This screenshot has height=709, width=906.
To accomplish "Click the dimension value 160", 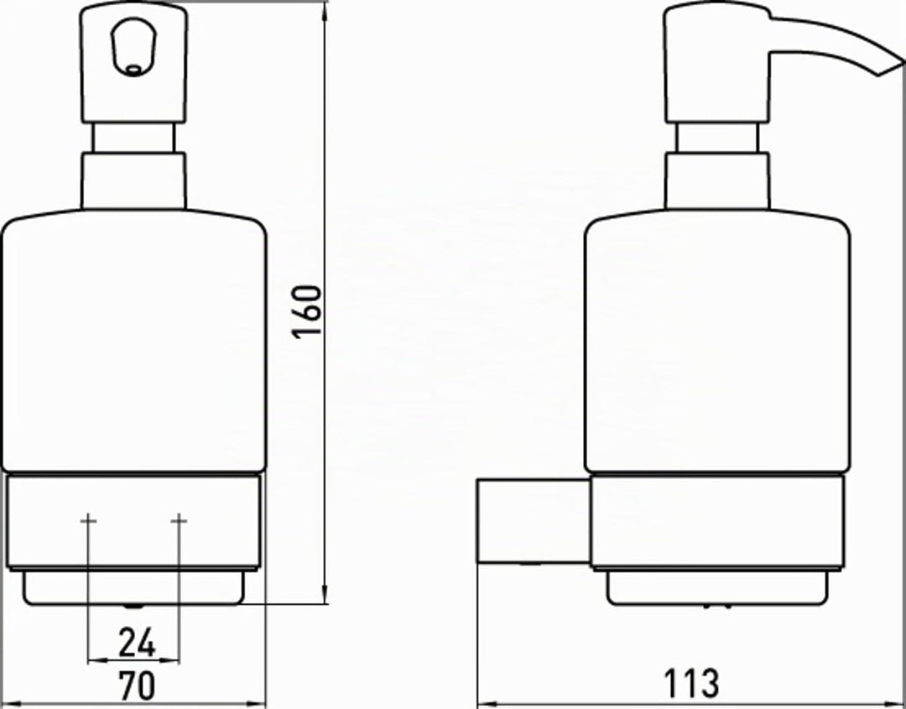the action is pos(307,311).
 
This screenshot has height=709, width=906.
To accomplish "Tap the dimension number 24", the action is pos(137,643).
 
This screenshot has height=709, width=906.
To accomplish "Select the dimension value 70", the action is pos(137,686).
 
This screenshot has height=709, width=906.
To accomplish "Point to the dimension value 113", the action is pos(691,684).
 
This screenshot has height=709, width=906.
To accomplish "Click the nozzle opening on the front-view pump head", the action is pos(133,69).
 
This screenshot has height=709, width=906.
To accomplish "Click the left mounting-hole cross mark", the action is pos(88,521).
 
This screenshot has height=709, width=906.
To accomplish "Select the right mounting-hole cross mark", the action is pos(180,521).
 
